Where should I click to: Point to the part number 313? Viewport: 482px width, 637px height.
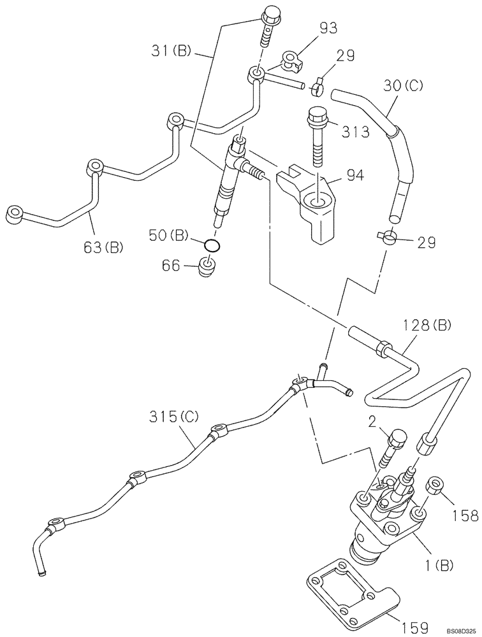(356, 132)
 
